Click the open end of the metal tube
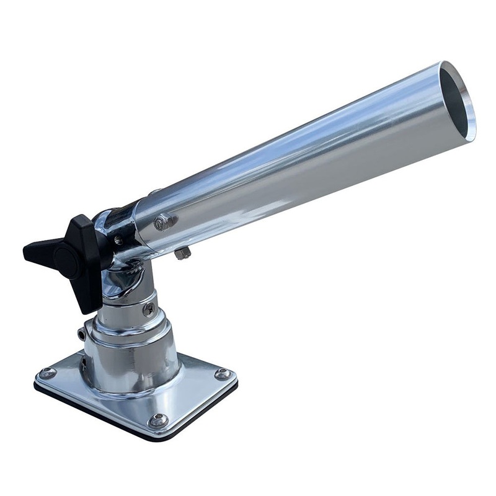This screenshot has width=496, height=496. click(x=458, y=99)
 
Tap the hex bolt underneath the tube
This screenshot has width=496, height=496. click(x=182, y=253)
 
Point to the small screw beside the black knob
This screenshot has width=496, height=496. click(x=118, y=239)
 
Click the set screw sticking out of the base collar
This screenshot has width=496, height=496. click(x=82, y=334)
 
